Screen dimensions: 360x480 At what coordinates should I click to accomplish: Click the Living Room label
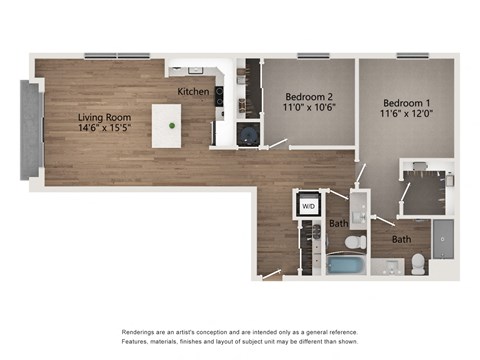(x=106, y=117)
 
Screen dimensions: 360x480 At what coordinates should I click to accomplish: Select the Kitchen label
(x=193, y=91)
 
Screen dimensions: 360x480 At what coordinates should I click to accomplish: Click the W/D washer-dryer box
(x=308, y=205)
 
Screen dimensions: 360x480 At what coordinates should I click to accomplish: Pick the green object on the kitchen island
(x=172, y=126)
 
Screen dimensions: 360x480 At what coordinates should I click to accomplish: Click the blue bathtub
(x=347, y=265)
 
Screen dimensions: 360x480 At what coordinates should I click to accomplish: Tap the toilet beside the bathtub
(x=355, y=242)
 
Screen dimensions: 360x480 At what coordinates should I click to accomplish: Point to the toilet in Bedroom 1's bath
(x=419, y=265)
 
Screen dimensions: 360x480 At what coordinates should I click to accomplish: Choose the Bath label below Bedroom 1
(x=401, y=240)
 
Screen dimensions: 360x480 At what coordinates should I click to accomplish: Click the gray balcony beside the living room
(x=32, y=130)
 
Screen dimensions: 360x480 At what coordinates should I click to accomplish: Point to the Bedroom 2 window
(x=312, y=56)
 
